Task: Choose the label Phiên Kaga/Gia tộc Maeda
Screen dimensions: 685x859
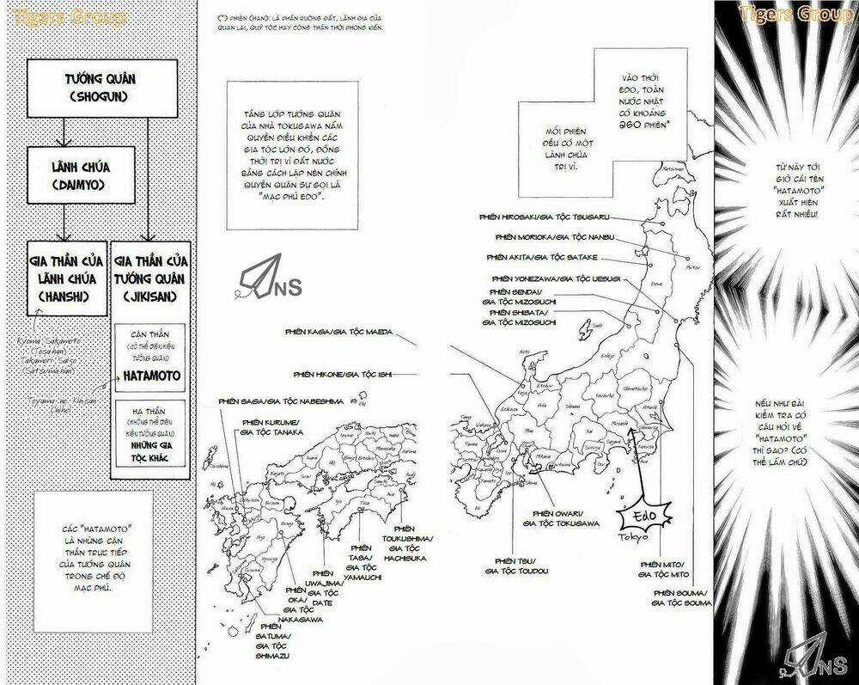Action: (337, 329)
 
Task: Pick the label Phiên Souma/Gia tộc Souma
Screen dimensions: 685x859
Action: (680, 598)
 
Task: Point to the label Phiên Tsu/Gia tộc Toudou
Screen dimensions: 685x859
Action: (516, 565)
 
